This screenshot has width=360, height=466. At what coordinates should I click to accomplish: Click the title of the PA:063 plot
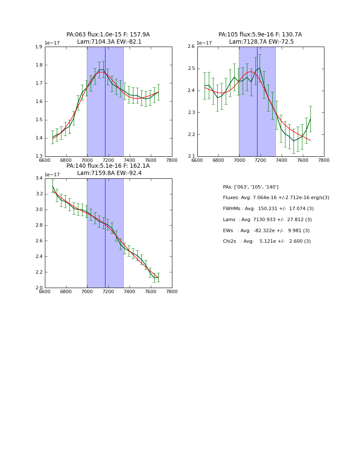(108, 38)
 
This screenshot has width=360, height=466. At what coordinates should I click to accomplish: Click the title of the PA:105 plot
(260, 38)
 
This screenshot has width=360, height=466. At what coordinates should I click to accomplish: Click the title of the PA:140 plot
(108, 169)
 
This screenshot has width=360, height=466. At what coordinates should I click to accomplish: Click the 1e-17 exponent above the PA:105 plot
(204, 43)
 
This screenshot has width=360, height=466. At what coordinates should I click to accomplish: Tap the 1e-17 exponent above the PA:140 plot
(52, 175)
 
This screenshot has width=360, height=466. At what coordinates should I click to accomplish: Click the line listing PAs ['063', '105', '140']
(251, 187)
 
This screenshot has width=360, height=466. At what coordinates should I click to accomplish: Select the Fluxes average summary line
(276, 198)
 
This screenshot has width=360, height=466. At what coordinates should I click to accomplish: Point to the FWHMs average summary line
(268, 209)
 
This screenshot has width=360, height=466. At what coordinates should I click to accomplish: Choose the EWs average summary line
(266, 230)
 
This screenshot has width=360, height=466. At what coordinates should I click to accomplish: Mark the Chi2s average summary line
(267, 241)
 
